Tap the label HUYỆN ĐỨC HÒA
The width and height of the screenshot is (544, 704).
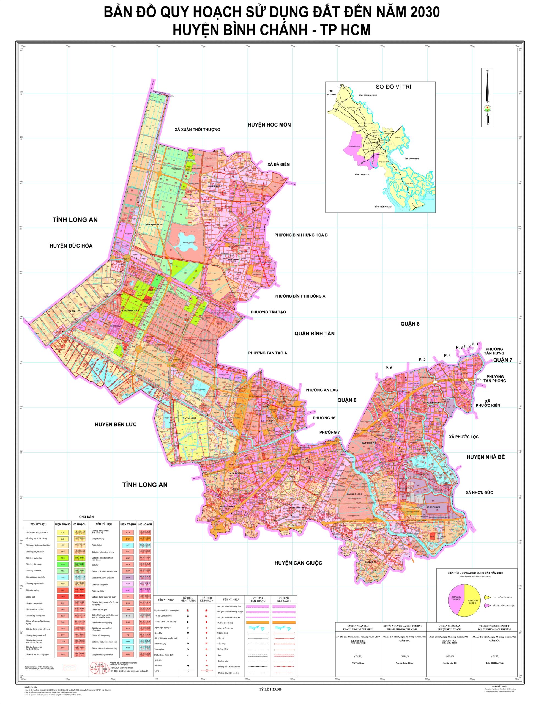click(71, 246)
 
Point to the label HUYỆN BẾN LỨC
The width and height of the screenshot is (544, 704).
click(116, 425)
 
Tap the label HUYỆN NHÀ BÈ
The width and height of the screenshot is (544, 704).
click(485, 457)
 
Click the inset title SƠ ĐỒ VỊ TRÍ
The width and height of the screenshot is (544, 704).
click(393, 87)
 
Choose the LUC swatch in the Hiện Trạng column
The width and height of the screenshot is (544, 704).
click(63, 532)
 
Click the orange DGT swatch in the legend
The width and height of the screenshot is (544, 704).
click(128, 539)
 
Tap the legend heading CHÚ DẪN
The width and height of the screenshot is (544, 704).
click(86, 517)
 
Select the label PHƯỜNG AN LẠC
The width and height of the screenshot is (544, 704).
click(321, 390)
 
